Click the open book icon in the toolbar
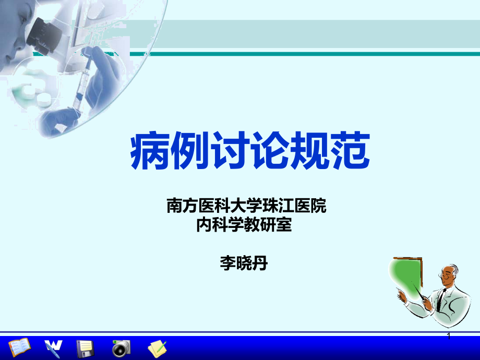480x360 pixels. pyautogui.click(x=19, y=346)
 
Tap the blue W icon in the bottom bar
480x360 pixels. pyautogui.click(x=53, y=346)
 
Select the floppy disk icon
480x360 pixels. pyautogui.click(x=85, y=347)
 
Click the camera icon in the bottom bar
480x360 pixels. pyautogui.click(x=121, y=347)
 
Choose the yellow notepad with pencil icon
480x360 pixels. pyautogui.click(x=157, y=347)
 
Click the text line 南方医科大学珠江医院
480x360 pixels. pyautogui.click(x=246, y=206)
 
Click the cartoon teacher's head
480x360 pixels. pyautogui.click(x=450, y=274)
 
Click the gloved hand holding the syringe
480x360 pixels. pyautogui.click(x=104, y=73)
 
